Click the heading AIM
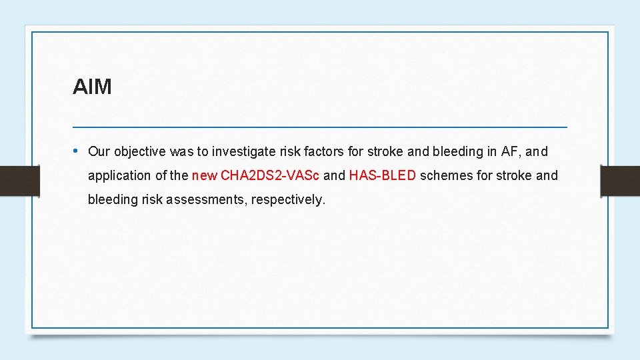click(x=92, y=87)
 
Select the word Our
click(x=99, y=151)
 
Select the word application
click(x=119, y=176)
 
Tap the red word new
click(x=204, y=176)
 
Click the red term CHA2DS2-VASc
click(x=270, y=176)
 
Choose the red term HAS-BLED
click(x=383, y=176)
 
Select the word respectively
click(x=288, y=200)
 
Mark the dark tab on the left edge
click(x=19, y=181)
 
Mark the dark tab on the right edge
click(x=620, y=181)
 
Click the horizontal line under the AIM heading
click(x=320, y=126)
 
